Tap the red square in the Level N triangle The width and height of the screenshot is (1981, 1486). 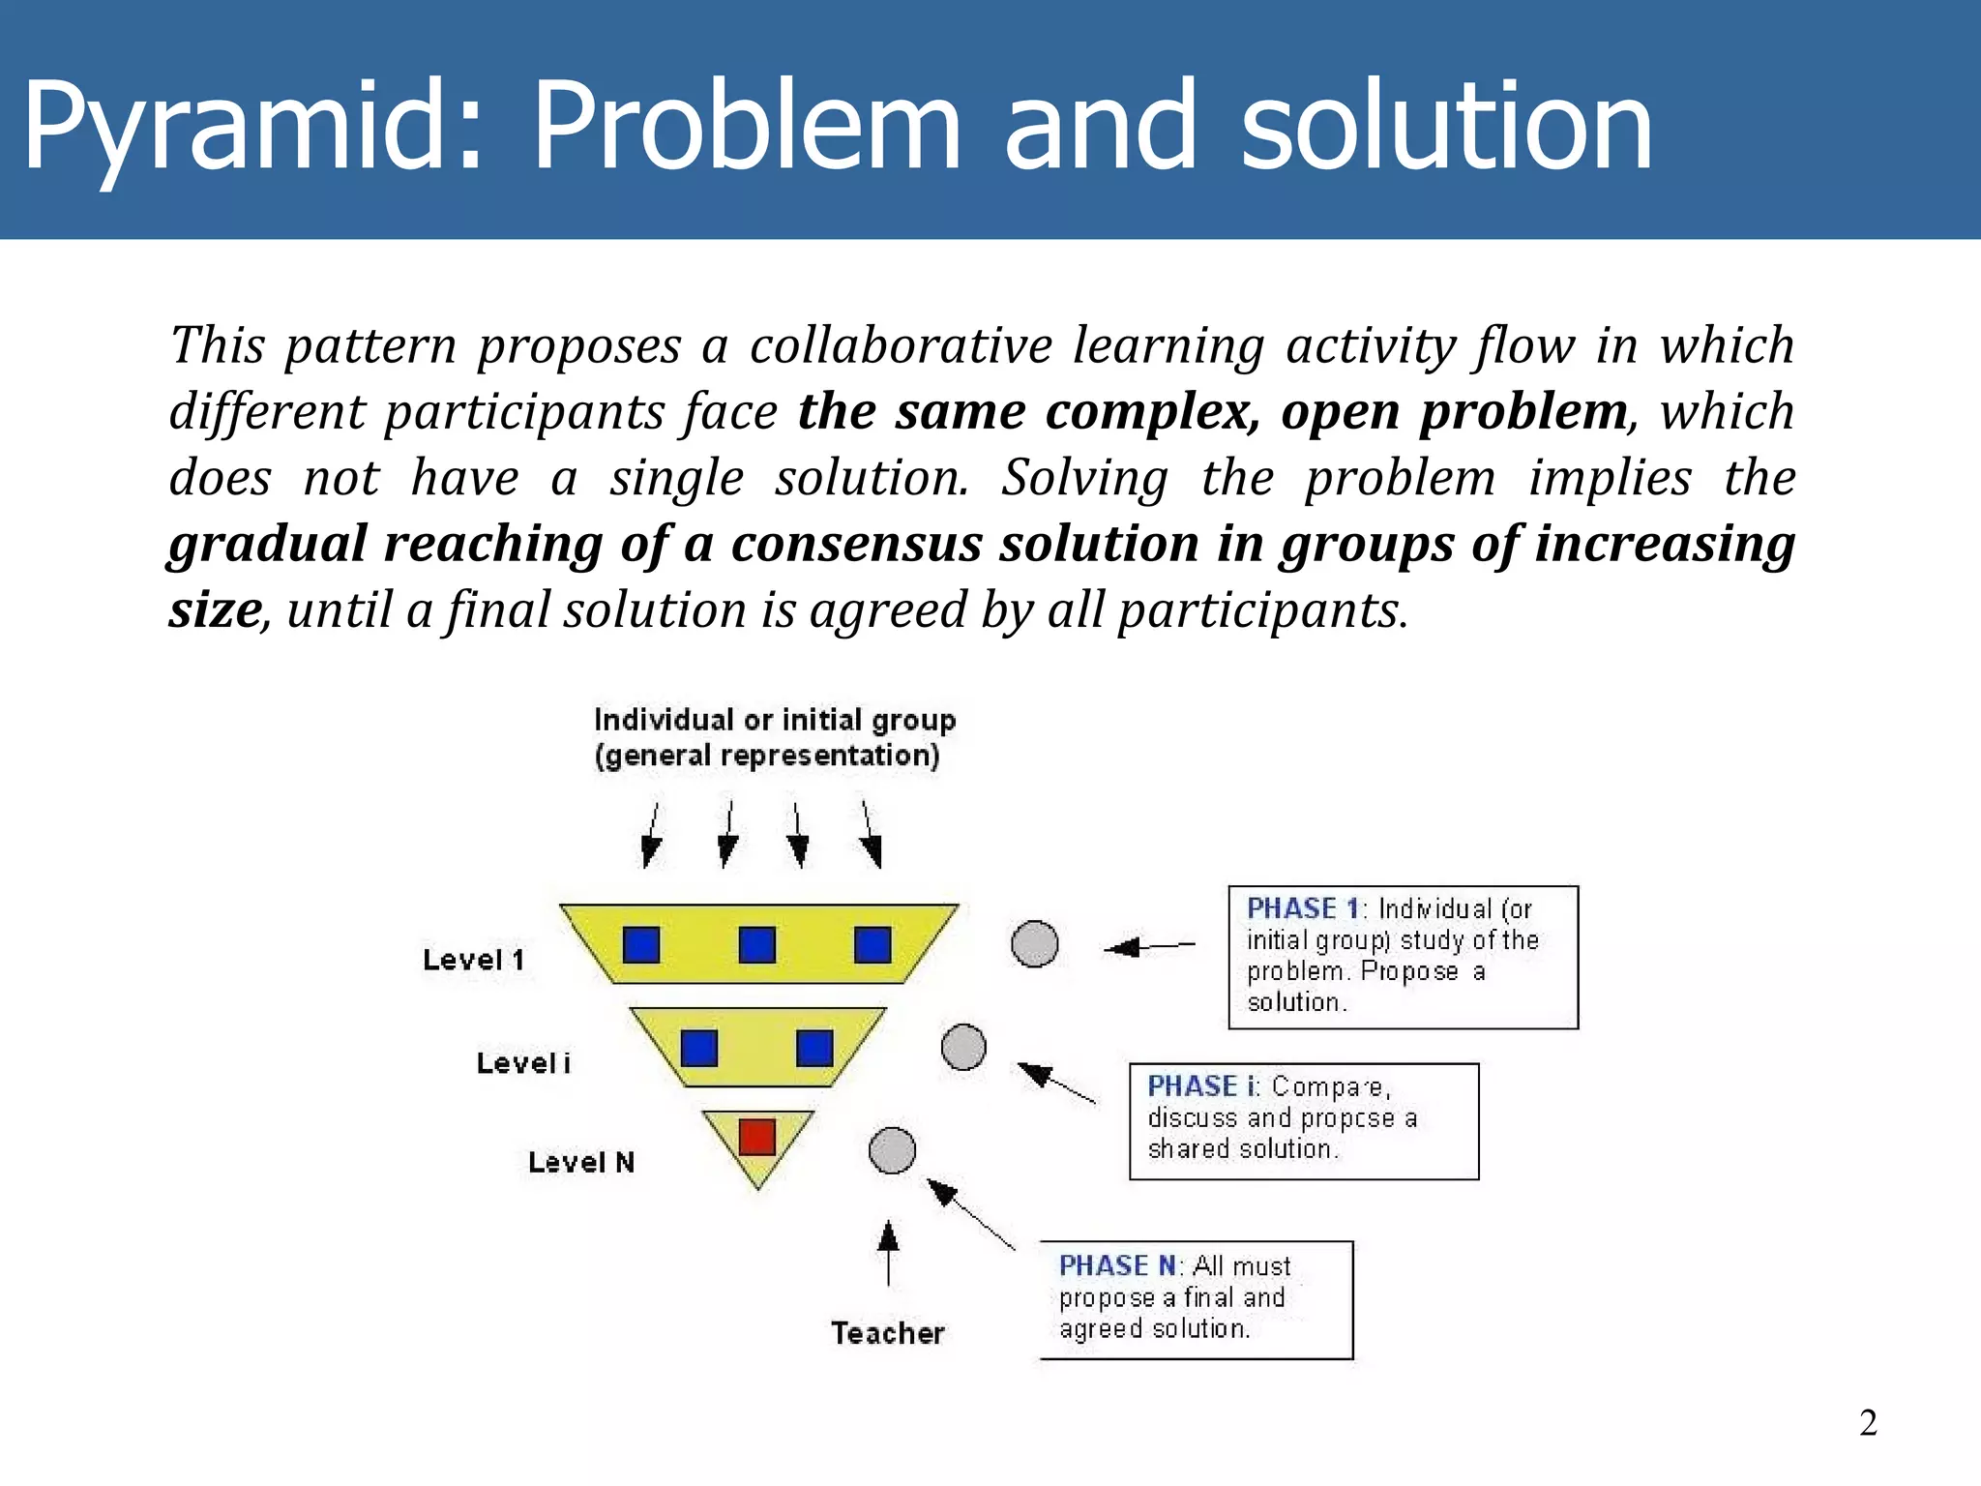point(756,1137)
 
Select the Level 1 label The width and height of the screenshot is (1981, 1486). point(474,960)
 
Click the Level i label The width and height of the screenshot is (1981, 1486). point(523,1063)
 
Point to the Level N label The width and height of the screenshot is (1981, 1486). point(581,1162)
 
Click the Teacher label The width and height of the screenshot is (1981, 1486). point(887,1333)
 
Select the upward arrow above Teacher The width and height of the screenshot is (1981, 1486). point(888,1253)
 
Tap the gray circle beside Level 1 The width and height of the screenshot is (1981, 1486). point(1034,944)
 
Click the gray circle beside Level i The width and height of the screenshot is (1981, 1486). point(963,1047)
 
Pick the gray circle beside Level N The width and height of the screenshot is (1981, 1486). point(892,1150)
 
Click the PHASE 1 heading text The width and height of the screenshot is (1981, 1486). point(1303,908)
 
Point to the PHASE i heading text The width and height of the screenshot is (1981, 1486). point(1202,1086)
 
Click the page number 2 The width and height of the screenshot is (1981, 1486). point(1868,1423)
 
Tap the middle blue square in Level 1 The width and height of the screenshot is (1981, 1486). point(756,944)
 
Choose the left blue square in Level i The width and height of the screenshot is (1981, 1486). point(698,1048)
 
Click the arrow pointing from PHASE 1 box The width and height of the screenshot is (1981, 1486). point(1149,946)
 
